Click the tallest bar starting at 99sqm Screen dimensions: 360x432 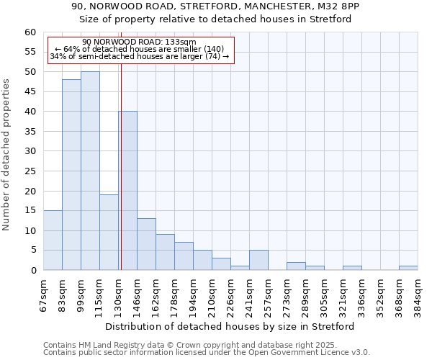click(90, 171)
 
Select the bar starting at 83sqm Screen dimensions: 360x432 click(71, 175)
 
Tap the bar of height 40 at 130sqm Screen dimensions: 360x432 click(128, 191)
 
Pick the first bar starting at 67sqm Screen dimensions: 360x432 click(53, 240)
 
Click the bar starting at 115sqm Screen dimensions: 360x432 click(109, 233)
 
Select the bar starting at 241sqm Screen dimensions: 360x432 click(258, 261)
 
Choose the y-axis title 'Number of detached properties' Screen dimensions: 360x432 click(7, 154)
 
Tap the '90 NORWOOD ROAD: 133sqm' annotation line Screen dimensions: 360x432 click(139, 42)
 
